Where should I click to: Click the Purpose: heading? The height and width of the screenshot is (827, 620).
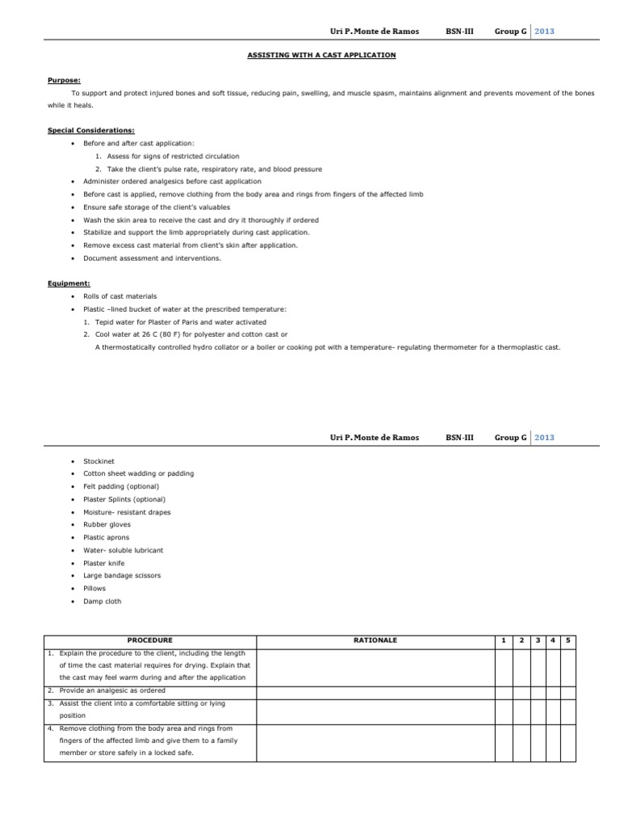point(64,81)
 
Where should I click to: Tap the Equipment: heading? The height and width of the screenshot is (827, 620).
point(69,283)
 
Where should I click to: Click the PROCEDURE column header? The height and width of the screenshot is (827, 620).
point(149,640)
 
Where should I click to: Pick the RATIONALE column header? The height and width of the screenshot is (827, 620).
point(375,640)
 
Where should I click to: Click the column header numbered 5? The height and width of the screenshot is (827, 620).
point(568,640)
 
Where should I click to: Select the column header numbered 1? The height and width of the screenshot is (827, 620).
point(503,640)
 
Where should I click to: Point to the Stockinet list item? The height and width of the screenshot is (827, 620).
point(98,460)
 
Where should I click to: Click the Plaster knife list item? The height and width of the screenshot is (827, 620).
point(103,563)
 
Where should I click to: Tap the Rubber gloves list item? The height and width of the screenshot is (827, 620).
point(107,524)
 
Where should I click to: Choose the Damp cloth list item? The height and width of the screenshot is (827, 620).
point(103,602)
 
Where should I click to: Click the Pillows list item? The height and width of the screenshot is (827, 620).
point(94,589)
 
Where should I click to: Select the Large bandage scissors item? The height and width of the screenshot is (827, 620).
point(122,576)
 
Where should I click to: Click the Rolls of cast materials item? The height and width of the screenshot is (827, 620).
point(120,296)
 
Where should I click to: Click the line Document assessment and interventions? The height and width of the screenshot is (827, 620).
point(152,258)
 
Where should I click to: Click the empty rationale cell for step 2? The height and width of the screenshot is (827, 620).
point(375,691)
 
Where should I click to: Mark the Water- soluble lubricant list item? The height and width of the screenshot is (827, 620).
point(123,550)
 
